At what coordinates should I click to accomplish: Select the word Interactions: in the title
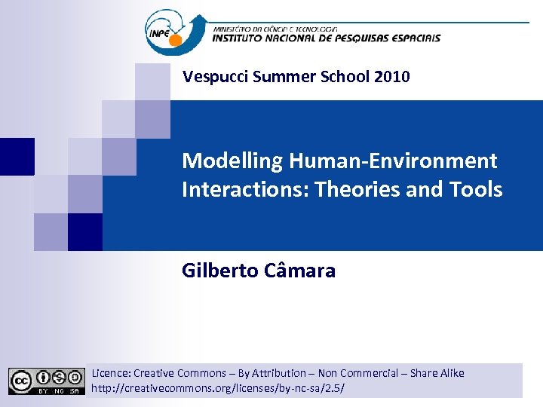click(x=246, y=189)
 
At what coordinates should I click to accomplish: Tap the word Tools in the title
click(x=476, y=189)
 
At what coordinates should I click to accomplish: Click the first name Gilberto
click(x=220, y=271)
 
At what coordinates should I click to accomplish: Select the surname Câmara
click(x=300, y=271)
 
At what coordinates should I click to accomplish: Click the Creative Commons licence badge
click(x=46, y=381)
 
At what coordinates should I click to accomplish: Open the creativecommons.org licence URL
click(x=217, y=389)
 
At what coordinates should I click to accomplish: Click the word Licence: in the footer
click(x=111, y=373)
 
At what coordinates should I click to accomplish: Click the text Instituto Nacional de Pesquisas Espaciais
click(x=326, y=38)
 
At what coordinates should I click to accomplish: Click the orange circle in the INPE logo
click(x=176, y=40)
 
